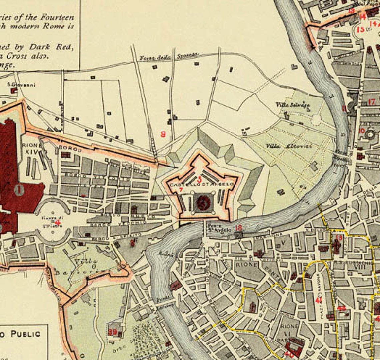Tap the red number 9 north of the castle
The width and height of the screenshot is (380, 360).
click(x=163, y=134)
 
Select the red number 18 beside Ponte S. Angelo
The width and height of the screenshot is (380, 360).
click(x=238, y=228)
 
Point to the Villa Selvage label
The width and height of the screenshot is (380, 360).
click(x=292, y=105)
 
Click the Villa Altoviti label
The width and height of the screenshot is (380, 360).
click(x=289, y=146)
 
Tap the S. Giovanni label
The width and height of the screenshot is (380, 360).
click(x=22, y=85)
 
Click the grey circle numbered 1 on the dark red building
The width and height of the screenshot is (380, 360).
click(x=19, y=191)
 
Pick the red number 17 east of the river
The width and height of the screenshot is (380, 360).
click(x=372, y=102)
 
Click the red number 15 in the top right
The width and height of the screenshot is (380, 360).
click(x=360, y=30)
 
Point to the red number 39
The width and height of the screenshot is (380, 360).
click(x=112, y=332)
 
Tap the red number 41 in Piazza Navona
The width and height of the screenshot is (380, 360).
click(x=319, y=300)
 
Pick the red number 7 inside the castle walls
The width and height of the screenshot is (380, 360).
click(x=181, y=190)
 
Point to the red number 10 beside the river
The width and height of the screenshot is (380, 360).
click(x=361, y=130)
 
